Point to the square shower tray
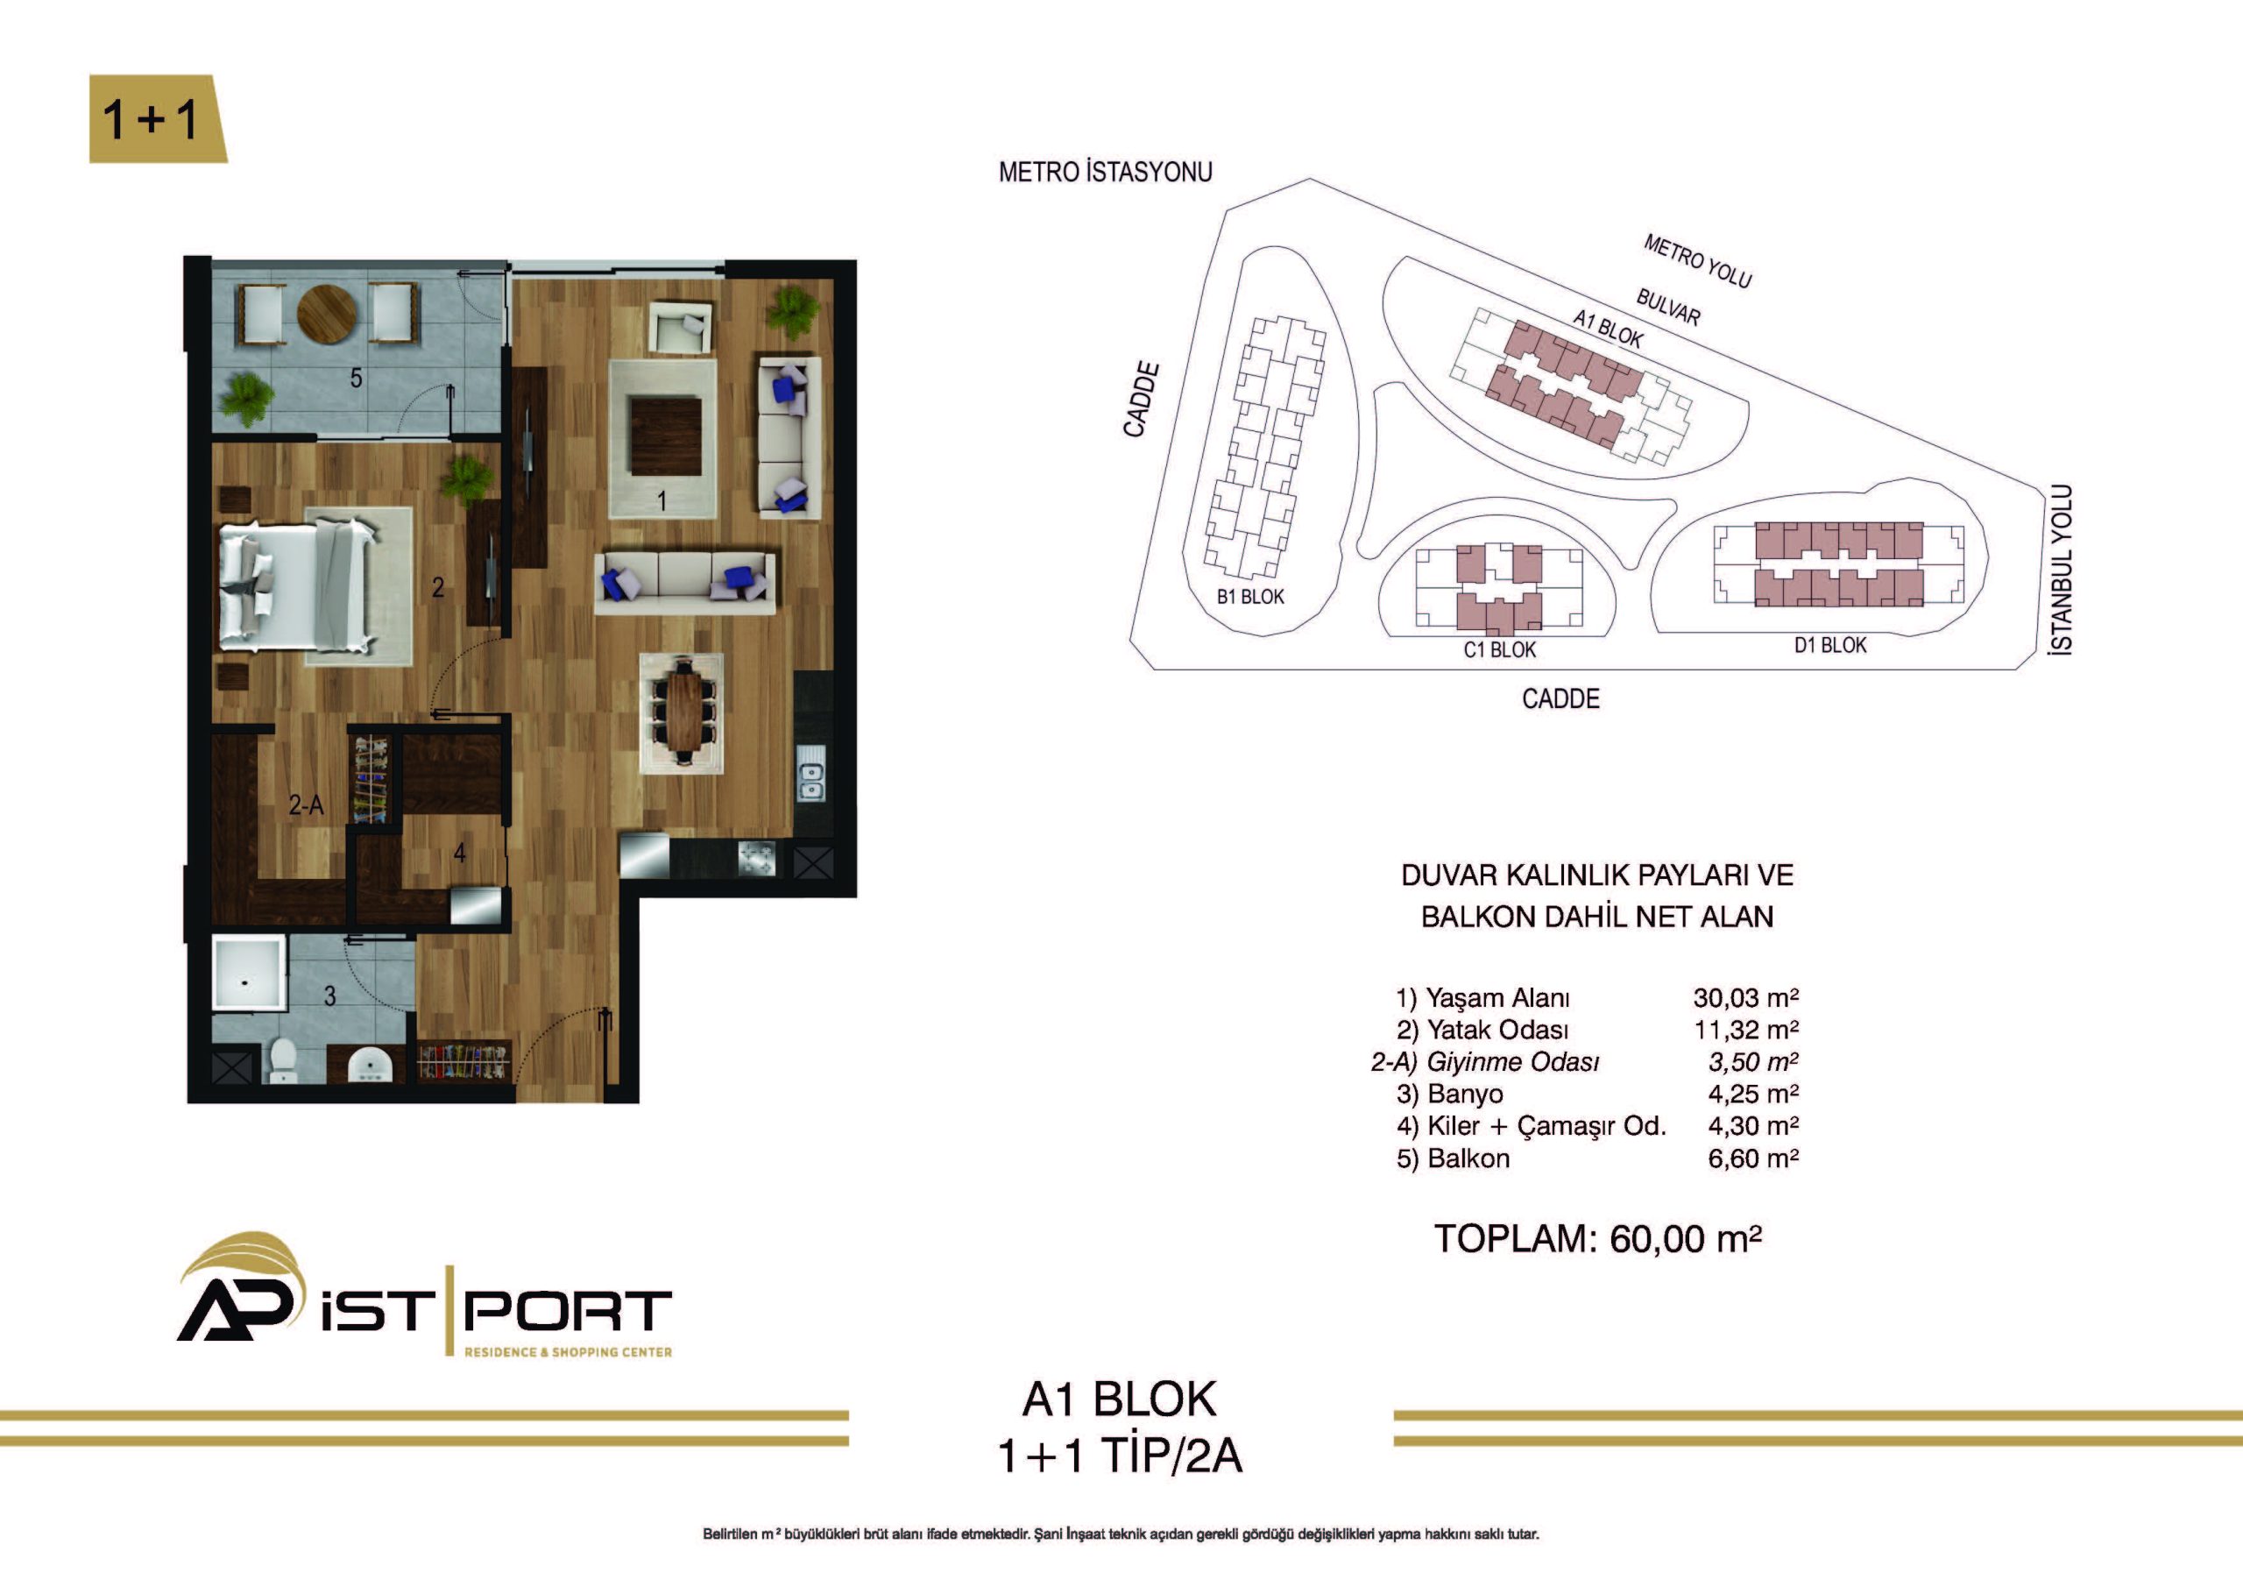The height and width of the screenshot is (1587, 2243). [250, 974]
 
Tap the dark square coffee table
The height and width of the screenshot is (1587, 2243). [666, 436]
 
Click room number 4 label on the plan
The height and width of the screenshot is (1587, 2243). [459, 854]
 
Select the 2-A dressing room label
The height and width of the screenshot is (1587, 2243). [306, 805]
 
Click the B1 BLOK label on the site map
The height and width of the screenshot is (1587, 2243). [1250, 597]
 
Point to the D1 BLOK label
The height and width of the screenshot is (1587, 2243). [1829, 646]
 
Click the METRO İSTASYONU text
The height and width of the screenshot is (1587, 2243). [1105, 172]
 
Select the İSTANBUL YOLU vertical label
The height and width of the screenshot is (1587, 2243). [2060, 569]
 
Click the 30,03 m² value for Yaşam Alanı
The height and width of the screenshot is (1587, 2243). [1745, 998]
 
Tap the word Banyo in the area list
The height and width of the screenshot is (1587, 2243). [1465, 1094]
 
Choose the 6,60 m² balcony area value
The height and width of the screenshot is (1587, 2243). [1753, 1158]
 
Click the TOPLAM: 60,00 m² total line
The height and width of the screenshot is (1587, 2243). [1597, 1238]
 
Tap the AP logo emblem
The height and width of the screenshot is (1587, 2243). [237, 1287]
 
